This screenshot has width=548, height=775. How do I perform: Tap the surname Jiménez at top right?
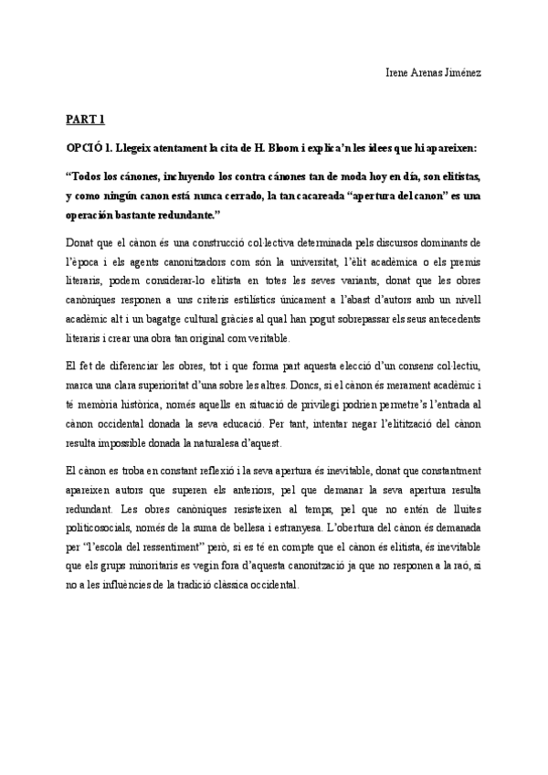pyautogui.click(x=460, y=71)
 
